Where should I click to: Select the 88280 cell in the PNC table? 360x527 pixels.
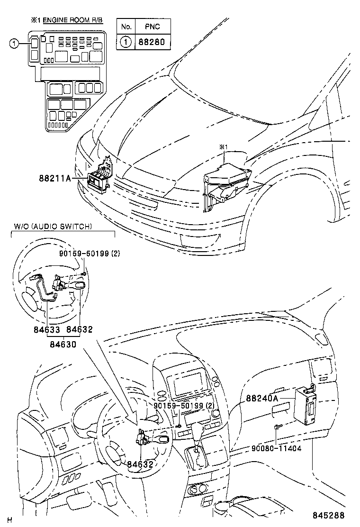tap(152, 41)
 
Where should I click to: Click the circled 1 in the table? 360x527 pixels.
tap(126, 41)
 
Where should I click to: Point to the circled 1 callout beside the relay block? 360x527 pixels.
tap(15, 44)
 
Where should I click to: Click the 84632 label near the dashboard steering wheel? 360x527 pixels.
tap(140, 464)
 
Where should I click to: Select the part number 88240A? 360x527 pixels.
tap(262, 399)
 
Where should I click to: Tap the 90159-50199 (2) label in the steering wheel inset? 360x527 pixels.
tap(90, 254)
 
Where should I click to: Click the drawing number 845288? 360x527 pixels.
tap(328, 516)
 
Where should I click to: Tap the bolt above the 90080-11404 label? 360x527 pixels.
tap(277, 428)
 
